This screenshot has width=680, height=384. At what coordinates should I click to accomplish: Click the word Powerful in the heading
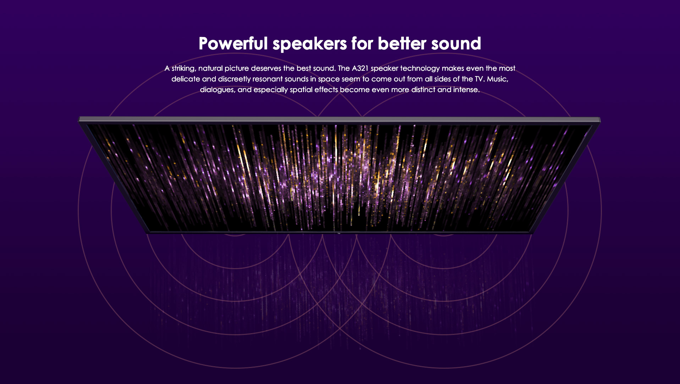coord(233,43)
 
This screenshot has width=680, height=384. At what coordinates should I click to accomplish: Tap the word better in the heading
coord(402,43)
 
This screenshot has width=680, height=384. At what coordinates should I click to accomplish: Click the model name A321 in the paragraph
coord(360,68)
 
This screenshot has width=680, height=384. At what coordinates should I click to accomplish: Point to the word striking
coord(184,69)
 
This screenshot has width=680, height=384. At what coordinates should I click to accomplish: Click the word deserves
coord(266,68)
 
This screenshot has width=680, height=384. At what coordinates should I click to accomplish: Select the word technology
coord(420,69)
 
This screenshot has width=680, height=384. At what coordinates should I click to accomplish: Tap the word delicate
coord(186,79)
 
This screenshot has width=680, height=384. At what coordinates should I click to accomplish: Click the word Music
coord(498,79)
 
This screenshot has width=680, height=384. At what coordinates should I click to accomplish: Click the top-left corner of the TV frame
coord(79,117)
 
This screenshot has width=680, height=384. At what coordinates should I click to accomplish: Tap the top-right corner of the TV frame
coord(600,118)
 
